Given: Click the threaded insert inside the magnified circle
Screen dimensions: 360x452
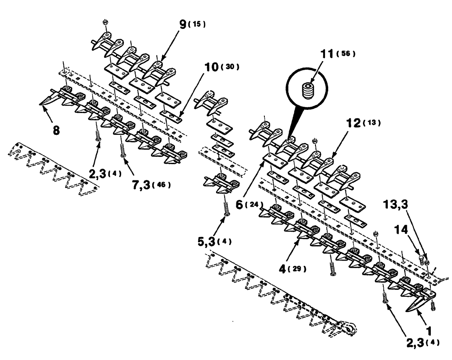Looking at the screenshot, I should [x=309, y=89].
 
